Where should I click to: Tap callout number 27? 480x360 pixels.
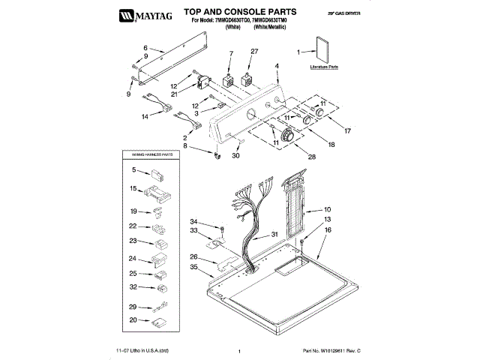(x=254, y=51)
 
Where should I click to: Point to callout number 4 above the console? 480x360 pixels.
(x=277, y=66)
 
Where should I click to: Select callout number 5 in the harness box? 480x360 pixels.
(x=133, y=171)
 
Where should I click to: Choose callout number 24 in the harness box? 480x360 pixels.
(x=133, y=258)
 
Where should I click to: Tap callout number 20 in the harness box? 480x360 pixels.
(x=133, y=320)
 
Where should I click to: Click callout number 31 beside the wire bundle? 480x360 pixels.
(x=274, y=235)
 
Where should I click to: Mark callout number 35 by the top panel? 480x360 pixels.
(x=193, y=266)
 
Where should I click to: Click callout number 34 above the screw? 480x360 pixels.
(x=193, y=222)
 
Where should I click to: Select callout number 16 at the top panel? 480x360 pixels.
(x=327, y=232)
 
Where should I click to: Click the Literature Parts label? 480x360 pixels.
(x=324, y=67)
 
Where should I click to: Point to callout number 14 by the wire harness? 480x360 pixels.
(x=145, y=117)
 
